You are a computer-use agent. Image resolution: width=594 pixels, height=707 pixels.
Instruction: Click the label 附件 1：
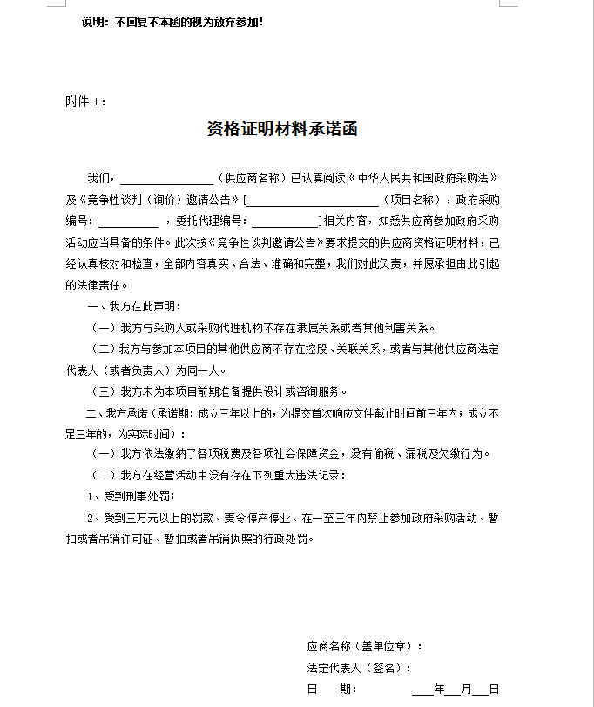86,101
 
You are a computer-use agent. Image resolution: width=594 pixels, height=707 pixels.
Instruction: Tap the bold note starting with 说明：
172,22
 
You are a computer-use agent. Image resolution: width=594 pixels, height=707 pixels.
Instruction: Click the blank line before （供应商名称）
166,179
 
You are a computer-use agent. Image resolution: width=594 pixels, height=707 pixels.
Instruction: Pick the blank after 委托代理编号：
285,221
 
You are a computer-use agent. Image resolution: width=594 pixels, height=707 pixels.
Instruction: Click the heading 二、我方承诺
118,412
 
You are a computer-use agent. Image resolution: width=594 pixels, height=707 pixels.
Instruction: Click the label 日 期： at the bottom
332,689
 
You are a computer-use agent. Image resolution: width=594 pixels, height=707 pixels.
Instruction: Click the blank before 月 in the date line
453,690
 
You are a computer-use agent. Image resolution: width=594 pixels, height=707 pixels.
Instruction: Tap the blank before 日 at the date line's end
481,690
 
